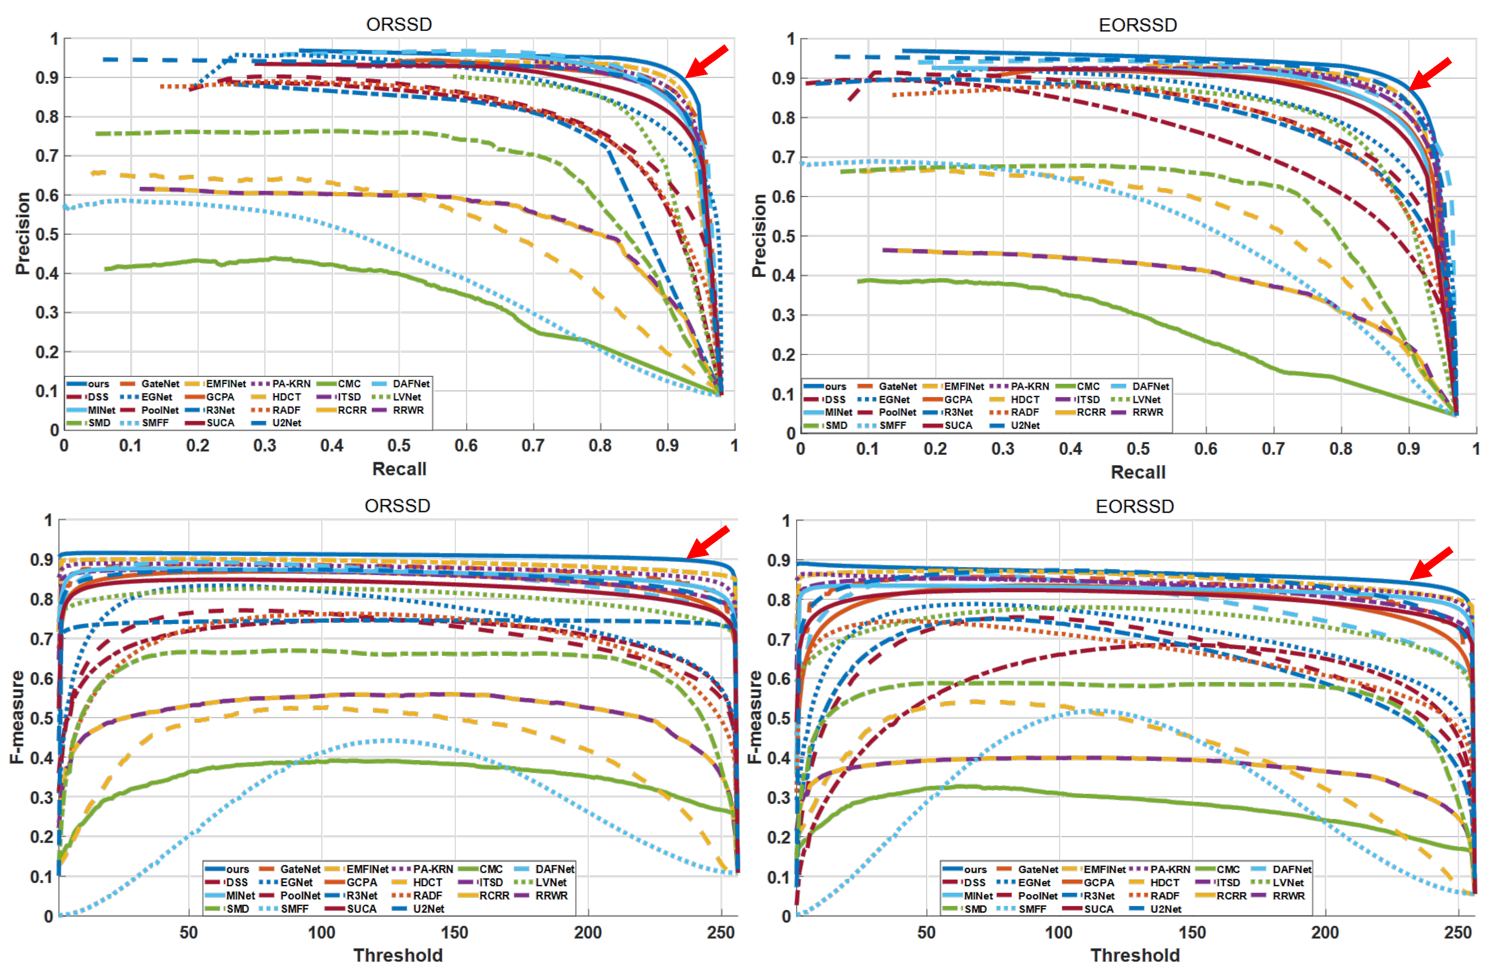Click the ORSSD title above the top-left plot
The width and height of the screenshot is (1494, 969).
[399, 25]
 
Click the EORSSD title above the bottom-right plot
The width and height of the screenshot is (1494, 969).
[1135, 506]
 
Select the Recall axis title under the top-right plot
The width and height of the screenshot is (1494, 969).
[1138, 472]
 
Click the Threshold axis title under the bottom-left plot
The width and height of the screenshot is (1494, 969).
[398, 955]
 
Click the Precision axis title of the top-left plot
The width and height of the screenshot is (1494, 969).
[23, 233]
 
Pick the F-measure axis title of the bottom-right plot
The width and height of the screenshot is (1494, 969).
[755, 717]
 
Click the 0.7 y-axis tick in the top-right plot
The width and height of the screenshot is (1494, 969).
[783, 157]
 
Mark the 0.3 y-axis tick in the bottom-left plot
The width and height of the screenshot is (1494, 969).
[42, 797]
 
